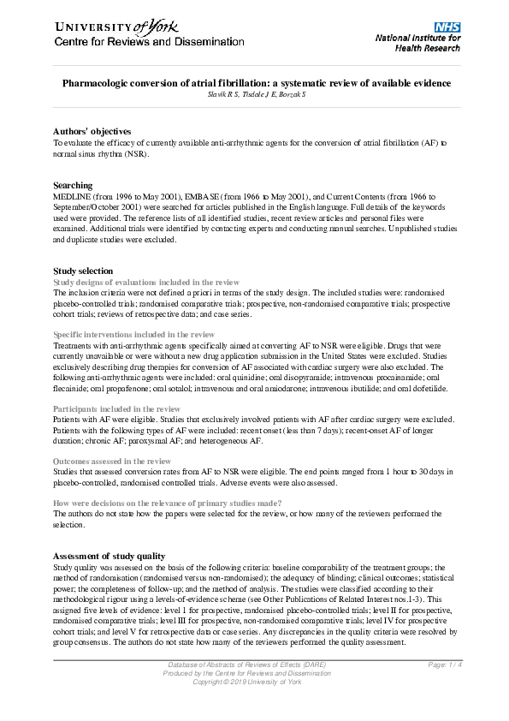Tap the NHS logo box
pyautogui.click(x=447, y=27)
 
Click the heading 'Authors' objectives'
pyautogui.click(x=92, y=131)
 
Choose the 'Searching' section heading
pyautogui.click(x=73, y=185)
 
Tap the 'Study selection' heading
pyautogui.click(x=83, y=271)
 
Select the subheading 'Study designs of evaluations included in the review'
pyautogui.click(x=146, y=282)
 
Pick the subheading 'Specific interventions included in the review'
pyautogui.click(x=134, y=334)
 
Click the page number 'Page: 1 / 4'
pyautogui.click(x=445, y=664)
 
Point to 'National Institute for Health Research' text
pyautogui.click(x=419, y=43)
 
